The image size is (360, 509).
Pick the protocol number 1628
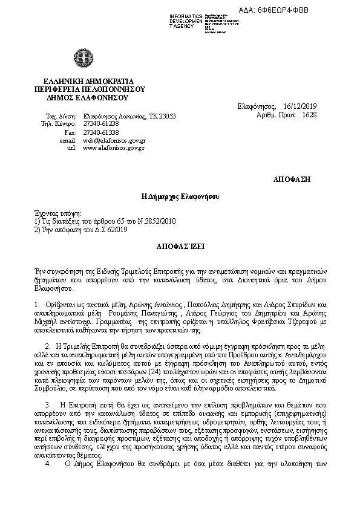click(x=309, y=114)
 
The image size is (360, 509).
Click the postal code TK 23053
click(x=162, y=115)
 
